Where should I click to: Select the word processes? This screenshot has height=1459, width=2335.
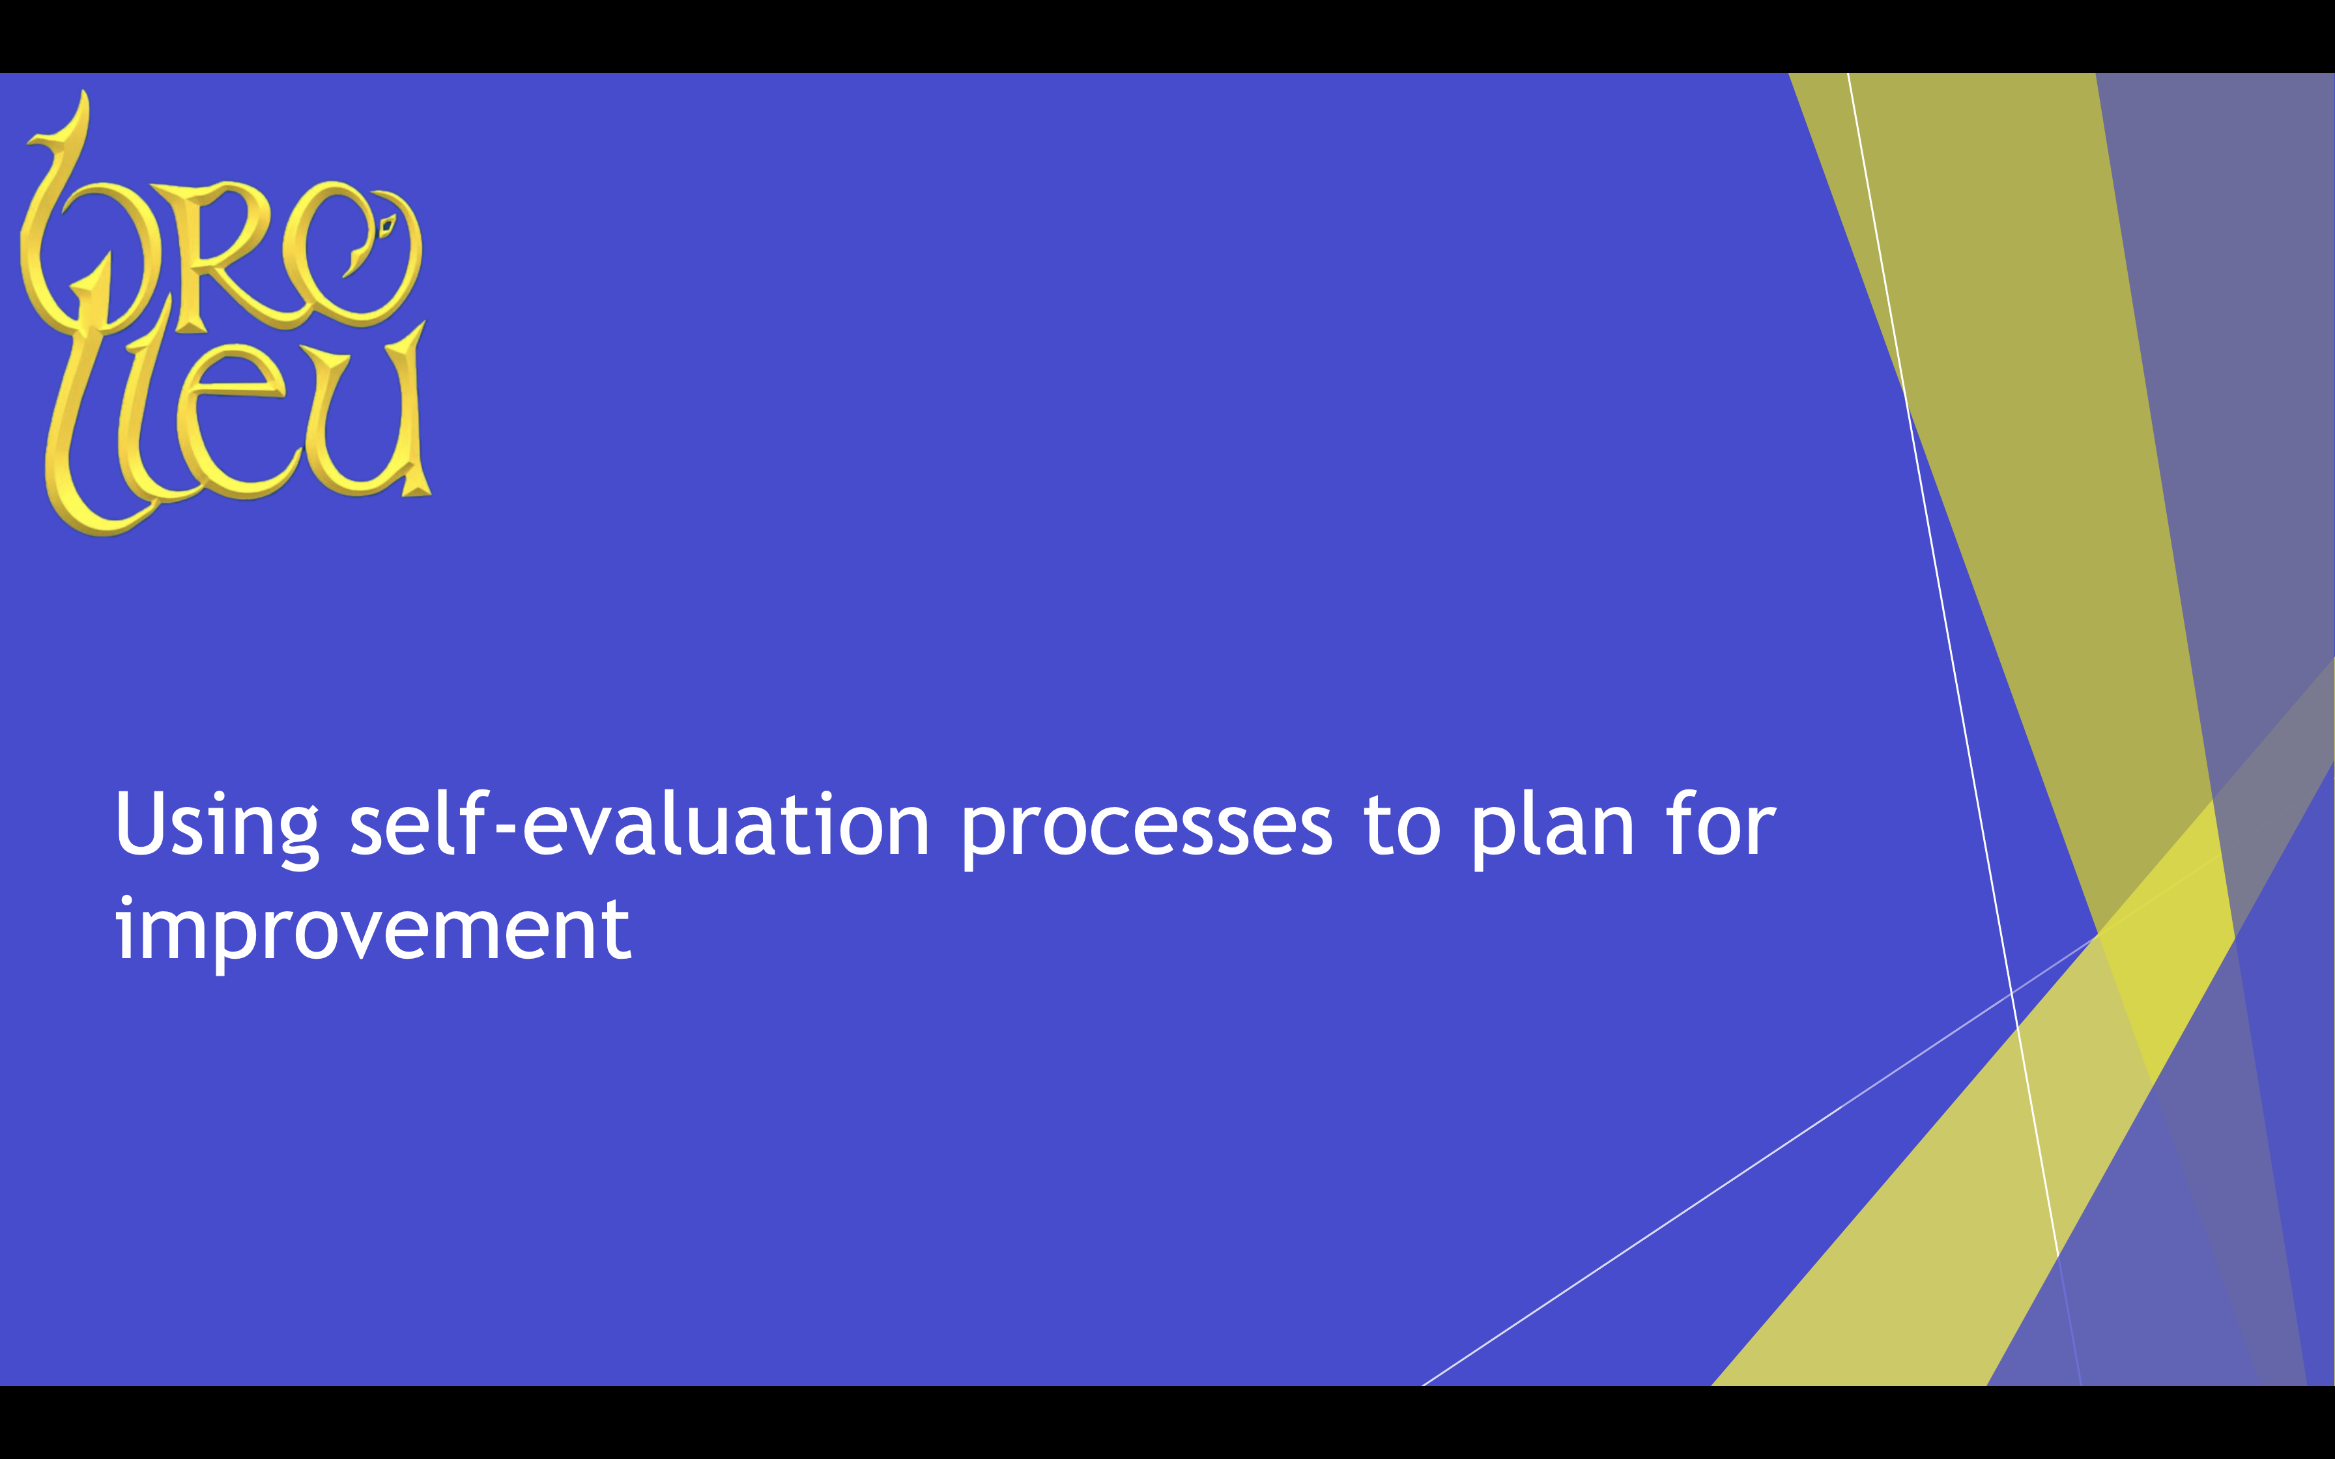point(1146,830)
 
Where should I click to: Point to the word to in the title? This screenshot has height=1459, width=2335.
point(1402,826)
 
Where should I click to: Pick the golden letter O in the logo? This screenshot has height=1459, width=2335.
point(352,253)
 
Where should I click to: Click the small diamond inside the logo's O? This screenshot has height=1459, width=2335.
point(388,227)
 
